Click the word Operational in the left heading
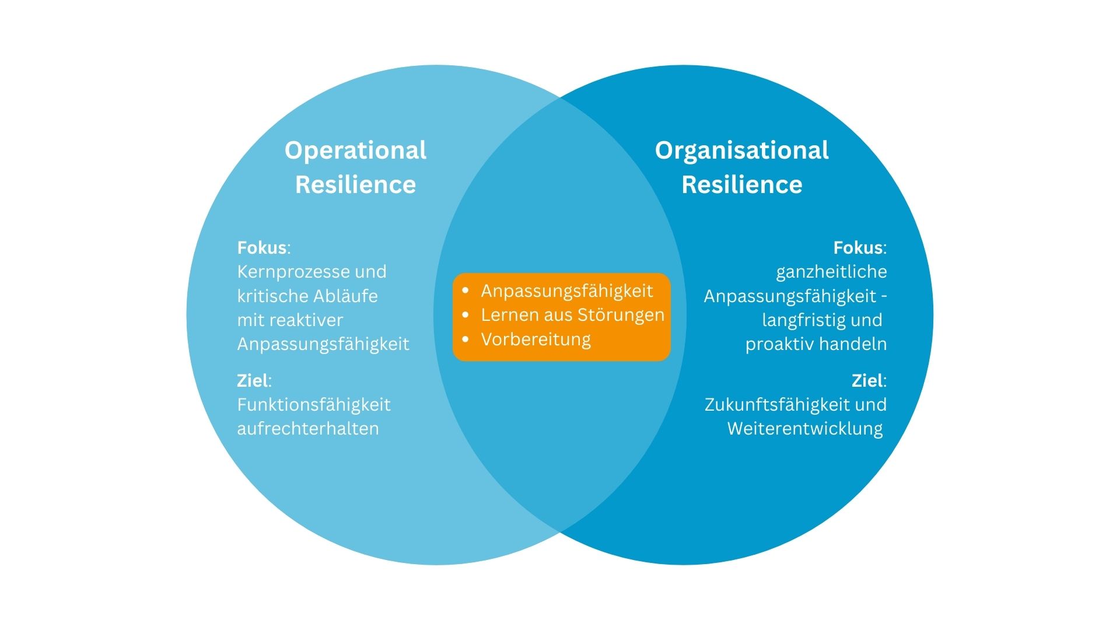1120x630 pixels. pyautogui.click(x=355, y=150)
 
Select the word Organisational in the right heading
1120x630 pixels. pyautogui.click(x=741, y=150)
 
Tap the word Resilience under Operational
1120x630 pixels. pyautogui.click(x=355, y=185)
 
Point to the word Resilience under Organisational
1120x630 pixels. pyautogui.click(x=741, y=185)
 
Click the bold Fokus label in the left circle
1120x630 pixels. pyautogui.click(x=262, y=248)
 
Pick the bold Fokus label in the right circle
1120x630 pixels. pyautogui.click(x=857, y=248)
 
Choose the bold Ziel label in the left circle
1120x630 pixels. pyautogui.click(x=253, y=381)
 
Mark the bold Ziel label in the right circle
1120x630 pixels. pyautogui.click(x=867, y=381)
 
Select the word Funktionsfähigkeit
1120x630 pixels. pyautogui.click(x=314, y=405)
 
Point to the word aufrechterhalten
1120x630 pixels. pyautogui.click(x=308, y=429)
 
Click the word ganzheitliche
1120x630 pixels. pyautogui.click(x=831, y=272)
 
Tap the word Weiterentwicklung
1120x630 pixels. pyautogui.click(x=805, y=429)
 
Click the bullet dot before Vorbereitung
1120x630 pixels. pyautogui.click(x=466, y=339)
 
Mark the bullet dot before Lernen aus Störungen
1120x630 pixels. pyautogui.click(x=466, y=315)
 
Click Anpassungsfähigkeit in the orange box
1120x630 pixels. pyautogui.click(x=566, y=291)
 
